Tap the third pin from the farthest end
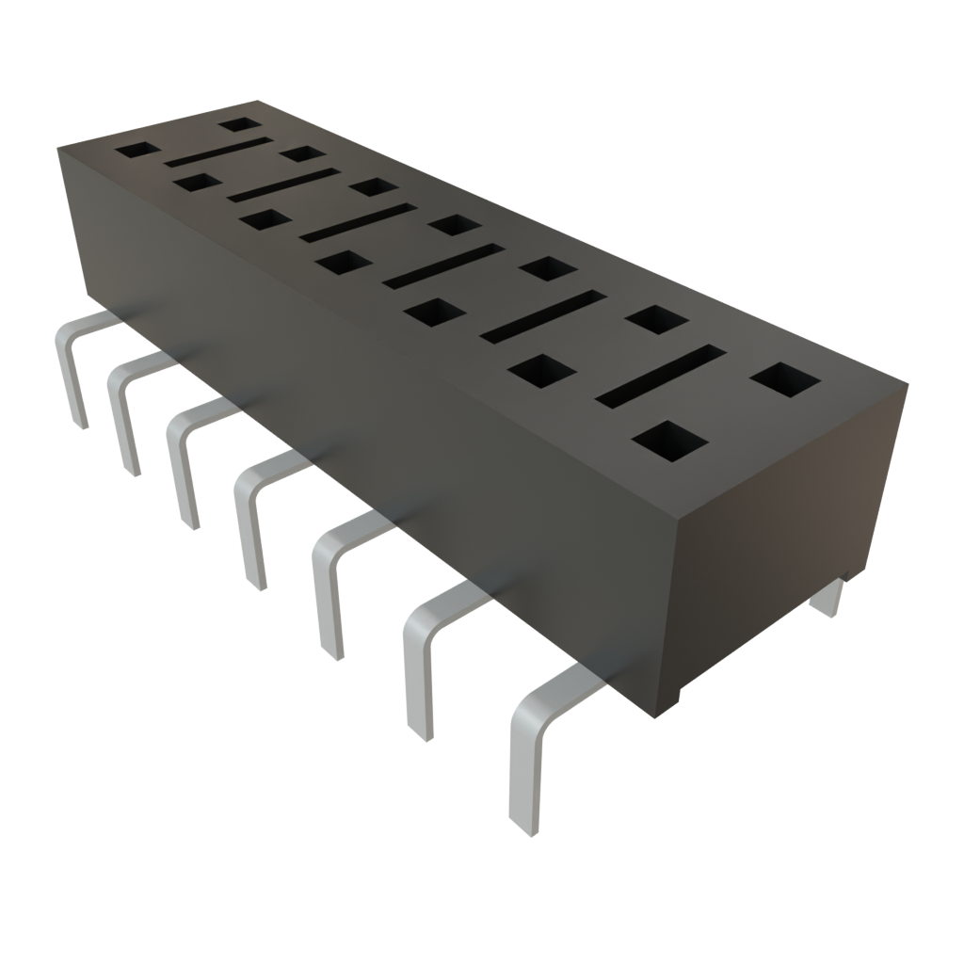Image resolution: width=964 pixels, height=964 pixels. [181, 466]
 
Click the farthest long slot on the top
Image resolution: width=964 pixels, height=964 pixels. [217, 151]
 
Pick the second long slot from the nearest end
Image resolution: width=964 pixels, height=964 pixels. [541, 315]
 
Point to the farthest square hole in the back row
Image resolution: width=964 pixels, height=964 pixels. [239, 123]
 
